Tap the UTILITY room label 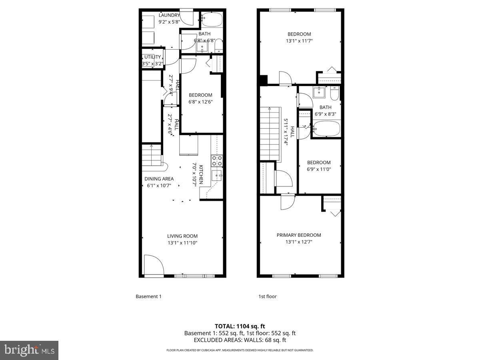(152, 57)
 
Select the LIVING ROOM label (182, 236)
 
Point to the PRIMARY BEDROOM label (299, 235)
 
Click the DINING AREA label (159, 179)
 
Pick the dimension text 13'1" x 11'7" (299, 40)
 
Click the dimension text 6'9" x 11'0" (319, 169)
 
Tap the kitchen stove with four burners (217, 161)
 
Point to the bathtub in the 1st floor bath (326, 130)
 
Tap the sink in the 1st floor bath (319, 92)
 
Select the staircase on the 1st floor (271, 134)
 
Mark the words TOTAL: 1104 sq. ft (240, 326)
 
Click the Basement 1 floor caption (148, 296)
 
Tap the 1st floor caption (268, 296)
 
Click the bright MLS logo (29, 350)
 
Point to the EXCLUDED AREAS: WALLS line (240, 340)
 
